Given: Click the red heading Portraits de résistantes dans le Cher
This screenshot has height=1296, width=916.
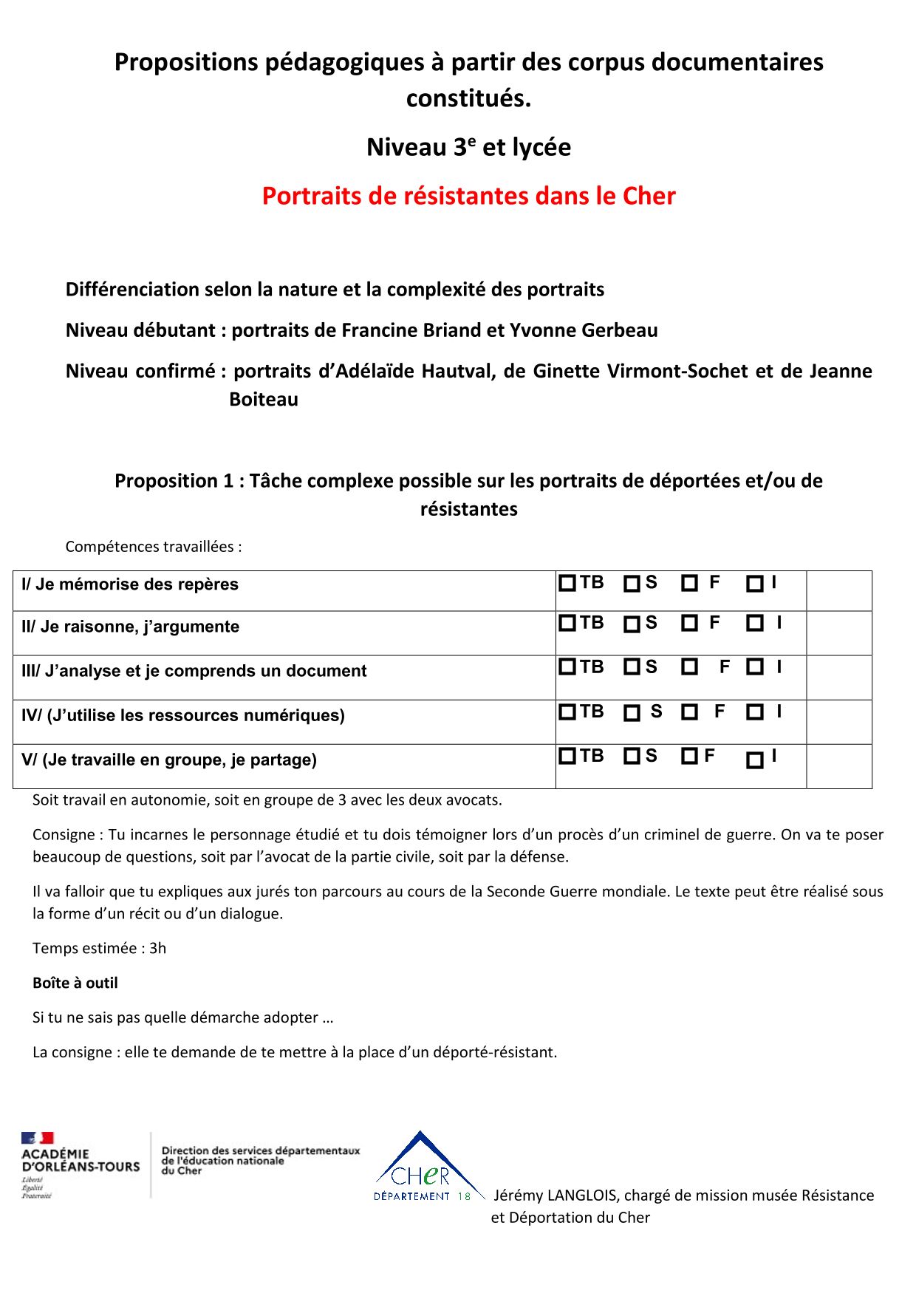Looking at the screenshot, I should tap(468, 196).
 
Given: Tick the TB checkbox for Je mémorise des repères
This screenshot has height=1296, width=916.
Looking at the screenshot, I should tap(567, 583).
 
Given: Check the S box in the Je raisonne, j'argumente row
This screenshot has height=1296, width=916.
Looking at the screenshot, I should tap(632, 624).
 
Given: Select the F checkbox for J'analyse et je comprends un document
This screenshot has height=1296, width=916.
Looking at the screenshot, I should tap(689, 667).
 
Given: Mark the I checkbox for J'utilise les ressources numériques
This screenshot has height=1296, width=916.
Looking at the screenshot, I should tap(754, 712).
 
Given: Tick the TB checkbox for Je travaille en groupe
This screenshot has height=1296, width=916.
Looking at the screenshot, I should tap(567, 756).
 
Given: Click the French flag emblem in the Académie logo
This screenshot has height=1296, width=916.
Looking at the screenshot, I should tap(38, 1138).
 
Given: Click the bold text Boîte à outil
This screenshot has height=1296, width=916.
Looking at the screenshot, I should tap(75, 983).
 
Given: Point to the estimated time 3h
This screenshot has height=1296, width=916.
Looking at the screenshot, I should tap(158, 948).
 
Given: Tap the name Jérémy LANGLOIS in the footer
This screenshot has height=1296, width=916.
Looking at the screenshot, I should tap(555, 1195).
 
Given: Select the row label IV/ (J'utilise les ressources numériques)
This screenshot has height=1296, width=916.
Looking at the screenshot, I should tap(183, 715).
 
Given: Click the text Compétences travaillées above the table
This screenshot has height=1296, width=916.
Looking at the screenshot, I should tap(153, 547).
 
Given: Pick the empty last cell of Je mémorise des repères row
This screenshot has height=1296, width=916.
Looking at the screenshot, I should tap(838, 590).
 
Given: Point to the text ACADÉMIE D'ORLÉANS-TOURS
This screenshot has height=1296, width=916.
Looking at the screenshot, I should tap(81, 1160).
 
